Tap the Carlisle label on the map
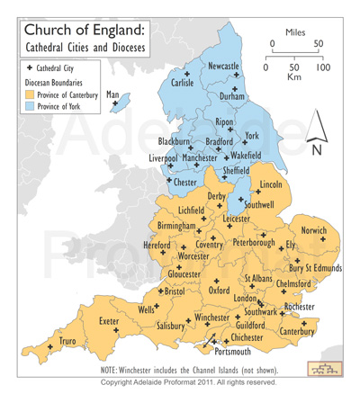coord(183,83)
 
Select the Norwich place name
coord(314,229)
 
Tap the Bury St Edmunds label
coord(315,268)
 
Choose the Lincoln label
coord(270,184)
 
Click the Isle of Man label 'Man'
coord(113,94)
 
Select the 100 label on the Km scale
coord(323,67)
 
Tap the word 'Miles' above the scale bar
coord(294,32)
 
